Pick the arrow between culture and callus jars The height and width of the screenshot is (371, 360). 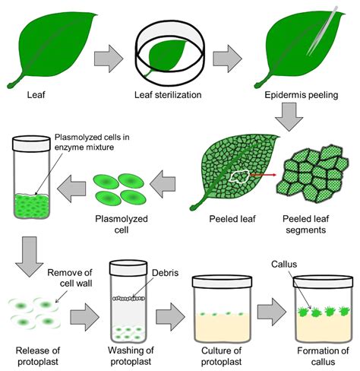(x=270, y=312)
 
